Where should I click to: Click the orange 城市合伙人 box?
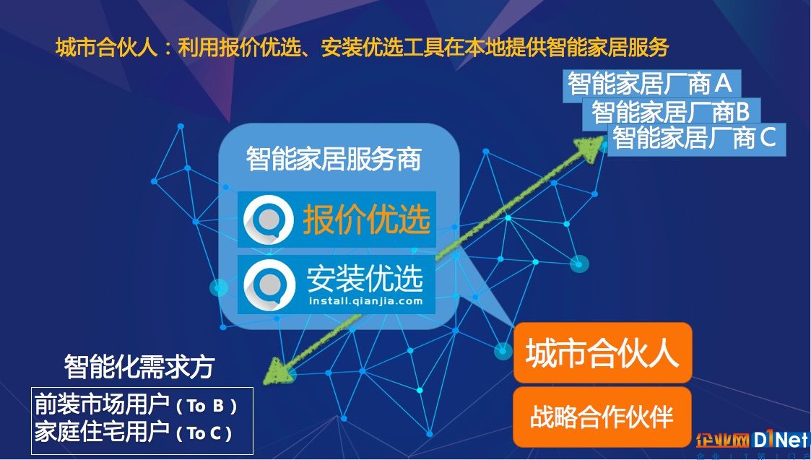602,352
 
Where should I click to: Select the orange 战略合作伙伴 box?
602,417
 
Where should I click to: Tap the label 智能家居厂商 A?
651,84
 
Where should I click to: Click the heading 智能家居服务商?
334,159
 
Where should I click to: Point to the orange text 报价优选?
367,220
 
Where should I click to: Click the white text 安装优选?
365,278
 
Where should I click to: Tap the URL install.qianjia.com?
365,301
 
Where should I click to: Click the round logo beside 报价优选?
269,220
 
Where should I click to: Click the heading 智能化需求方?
139,367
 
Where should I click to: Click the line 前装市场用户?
102,405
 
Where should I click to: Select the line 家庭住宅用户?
102,432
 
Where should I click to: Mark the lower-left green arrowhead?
277,371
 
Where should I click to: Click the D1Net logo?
780,441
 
